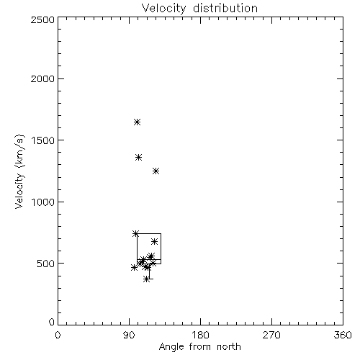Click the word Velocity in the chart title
coord(164,9)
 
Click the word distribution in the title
coord(225,8)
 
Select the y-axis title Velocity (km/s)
coord(19,171)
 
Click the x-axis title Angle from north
coord(200,346)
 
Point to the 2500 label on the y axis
coord(42,19)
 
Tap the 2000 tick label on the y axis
coord(42,78)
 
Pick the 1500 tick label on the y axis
coord(43,140)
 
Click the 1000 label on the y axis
coord(43,202)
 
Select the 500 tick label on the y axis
coord(46,264)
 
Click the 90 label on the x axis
coord(129,335)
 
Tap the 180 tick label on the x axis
coord(200,335)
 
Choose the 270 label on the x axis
coord(271,335)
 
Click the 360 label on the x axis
coord(343,335)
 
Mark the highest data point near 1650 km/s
coord(137,122)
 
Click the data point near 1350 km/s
coord(139,158)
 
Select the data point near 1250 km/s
coord(156,171)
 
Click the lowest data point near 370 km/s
coord(147,279)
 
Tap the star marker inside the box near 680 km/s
coord(155,241)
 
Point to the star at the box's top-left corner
coord(135,233)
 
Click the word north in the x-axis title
coord(229,346)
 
